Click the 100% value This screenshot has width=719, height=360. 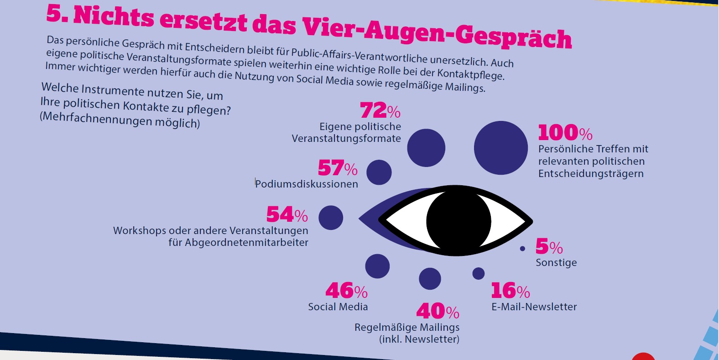click(x=565, y=133)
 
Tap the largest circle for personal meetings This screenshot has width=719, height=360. click(x=500, y=148)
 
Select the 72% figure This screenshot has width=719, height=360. click(x=380, y=110)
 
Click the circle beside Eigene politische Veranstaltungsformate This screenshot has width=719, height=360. click(x=426, y=148)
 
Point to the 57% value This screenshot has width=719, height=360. click(x=338, y=168)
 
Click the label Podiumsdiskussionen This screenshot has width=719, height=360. click(x=307, y=184)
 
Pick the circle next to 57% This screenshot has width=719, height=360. click(x=379, y=172)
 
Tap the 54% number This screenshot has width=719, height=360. click(x=287, y=215)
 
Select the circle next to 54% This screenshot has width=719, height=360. click(x=331, y=218)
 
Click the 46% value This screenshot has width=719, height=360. click(x=346, y=291)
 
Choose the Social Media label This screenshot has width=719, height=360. click(x=338, y=307)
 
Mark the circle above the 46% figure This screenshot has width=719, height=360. click(x=377, y=266)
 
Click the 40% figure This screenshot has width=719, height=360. click(x=438, y=312)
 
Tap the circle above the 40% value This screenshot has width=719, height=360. click(x=430, y=278)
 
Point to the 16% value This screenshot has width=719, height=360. click(x=510, y=291)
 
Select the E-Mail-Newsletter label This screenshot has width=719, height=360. click(x=534, y=307)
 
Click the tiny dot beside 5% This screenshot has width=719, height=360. click(x=522, y=249)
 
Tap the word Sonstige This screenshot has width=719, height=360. click(x=556, y=263)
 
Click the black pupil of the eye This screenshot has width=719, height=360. click(x=458, y=221)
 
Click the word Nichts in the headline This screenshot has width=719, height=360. click(x=114, y=17)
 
